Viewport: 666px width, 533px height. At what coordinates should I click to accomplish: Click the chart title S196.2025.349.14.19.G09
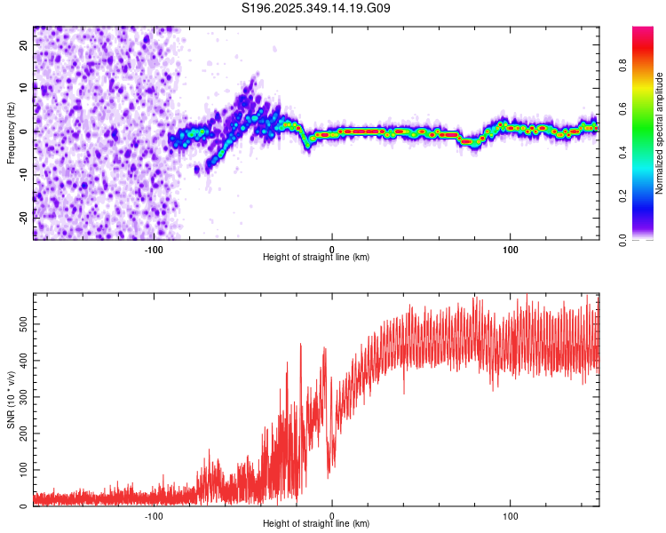(317, 9)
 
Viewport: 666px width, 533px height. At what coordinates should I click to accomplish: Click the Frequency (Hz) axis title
(11, 132)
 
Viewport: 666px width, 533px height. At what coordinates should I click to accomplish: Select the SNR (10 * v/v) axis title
(11, 400)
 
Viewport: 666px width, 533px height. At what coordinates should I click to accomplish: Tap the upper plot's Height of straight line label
(316, 258)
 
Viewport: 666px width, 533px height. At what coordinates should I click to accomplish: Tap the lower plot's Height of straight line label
(316, 524)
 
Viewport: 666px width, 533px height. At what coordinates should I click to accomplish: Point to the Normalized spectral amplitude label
(660, 133)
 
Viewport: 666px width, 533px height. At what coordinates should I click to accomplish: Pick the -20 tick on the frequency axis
(25, 217)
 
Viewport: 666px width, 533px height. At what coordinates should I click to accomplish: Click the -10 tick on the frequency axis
(25, 174)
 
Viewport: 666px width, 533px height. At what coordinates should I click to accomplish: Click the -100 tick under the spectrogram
(154, 249)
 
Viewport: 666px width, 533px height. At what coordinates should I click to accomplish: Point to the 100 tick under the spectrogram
(511, 249)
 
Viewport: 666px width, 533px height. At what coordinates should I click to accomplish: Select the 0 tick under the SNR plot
(332, 515)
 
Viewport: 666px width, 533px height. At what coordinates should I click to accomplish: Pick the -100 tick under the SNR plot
(154, 515)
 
